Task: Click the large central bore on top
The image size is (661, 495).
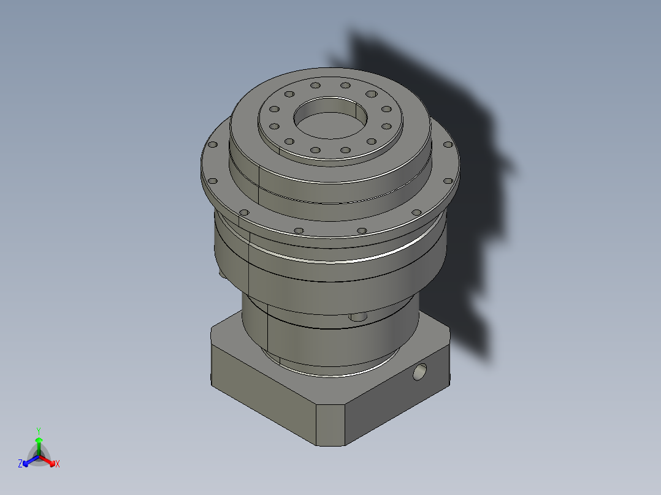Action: click(x=332, y=119)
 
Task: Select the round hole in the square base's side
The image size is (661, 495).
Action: click(x=420, y=371)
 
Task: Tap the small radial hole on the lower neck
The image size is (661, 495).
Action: click(x=356, y=317)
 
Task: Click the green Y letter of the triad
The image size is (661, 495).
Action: click(x=39, y=430)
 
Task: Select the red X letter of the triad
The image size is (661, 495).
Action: click(x=58, y=464)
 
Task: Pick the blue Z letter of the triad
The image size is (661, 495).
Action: click(x=20, y=464)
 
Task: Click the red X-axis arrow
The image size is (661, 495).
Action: click(x=48, y=460)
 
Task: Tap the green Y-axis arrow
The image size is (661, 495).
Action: click(x=39, y=444)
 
